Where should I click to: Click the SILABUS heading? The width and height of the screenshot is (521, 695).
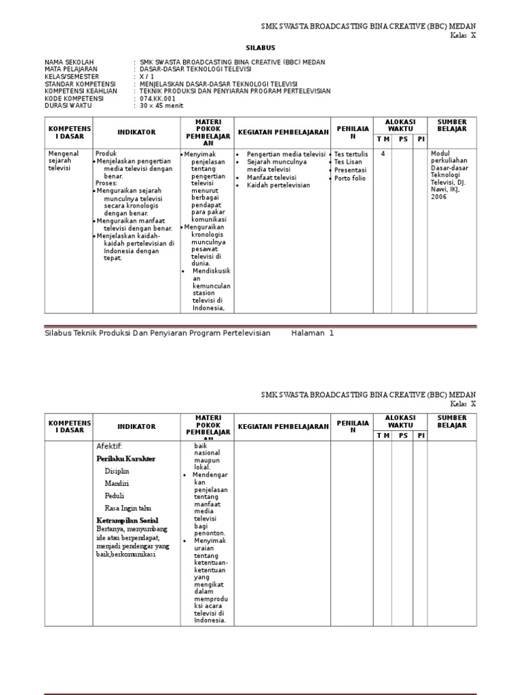pyautogui.click(x=260, y=48)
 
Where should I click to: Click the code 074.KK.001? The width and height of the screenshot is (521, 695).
pyautogui.click(x=157, y=98)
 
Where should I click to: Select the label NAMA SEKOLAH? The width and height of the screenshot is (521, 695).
pyautogui.click(x=69, y=61)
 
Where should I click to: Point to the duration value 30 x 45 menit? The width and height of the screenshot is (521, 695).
pyautogui.click(x=161, y=105)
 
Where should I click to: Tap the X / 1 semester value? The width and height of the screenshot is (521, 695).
pyautogui.click(x=147, y=76)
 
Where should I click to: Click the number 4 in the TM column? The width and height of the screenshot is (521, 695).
pyautogui.click(x=383, y=154)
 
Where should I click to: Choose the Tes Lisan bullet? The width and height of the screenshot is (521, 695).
pyautogui.click(x=348, y=162)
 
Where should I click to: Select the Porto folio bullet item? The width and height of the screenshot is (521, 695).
pyautogui.click(x=350, y=179)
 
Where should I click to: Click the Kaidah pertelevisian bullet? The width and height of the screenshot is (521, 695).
pyautogui.click(x=278, y=185)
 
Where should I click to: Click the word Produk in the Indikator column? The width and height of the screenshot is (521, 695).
pyautogui.click(x=107, y=154)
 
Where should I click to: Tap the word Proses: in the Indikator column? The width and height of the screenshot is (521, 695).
pyautogui.click(x=107, y=183)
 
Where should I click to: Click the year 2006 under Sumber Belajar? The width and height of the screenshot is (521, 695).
pyautogui.click(x=439, y=198)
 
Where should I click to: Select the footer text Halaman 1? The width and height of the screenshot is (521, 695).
pyautogui.click(x=313, y=333)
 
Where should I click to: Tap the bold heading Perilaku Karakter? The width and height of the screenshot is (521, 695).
pyautogui.click(x=126, y=459)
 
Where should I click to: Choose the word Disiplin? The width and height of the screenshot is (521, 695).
pyautogui.click(x=117, y=471)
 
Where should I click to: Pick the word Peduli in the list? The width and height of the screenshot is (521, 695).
pyautogui.click(x=114, y=495)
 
